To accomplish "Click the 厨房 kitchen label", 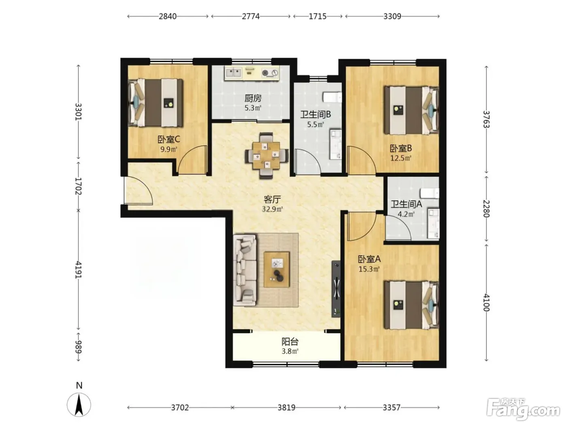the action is [253, 98].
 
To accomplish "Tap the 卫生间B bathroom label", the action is [315, 114].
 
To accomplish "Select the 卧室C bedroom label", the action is [168, 140].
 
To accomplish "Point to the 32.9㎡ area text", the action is [272, 209].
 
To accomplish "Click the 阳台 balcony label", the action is [290, 342].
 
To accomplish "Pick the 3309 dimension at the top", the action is [392, 16].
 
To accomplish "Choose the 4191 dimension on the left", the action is [78, 270].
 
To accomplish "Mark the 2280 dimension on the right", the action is [486, 209].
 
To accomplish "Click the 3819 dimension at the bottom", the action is [286, 408].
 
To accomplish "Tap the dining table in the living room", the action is [266, 155].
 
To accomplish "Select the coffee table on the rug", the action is [276, 269].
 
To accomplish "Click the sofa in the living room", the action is [245, 270].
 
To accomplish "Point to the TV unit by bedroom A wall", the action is [336, 289].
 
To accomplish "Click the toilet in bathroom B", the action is [333, 97].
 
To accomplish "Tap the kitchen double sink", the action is [234, 73].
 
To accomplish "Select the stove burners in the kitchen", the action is [270, 73].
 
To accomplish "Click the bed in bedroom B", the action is [411, 110].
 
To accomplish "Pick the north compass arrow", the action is [79, 405].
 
